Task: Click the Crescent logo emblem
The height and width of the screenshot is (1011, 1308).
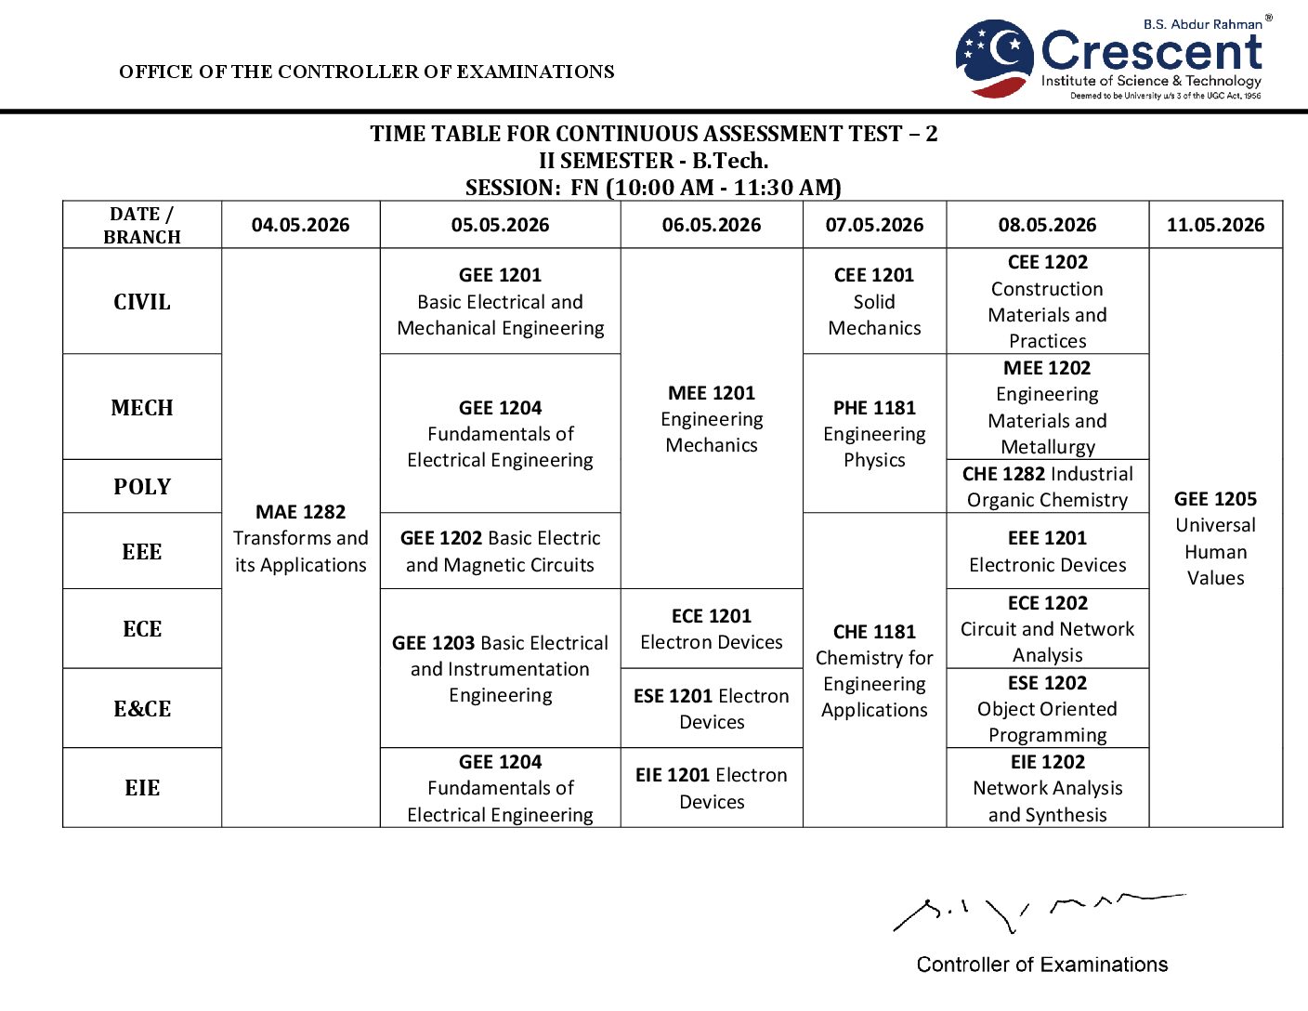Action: (x=994, y=59)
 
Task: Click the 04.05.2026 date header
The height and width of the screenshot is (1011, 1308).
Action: (x=300, y=225)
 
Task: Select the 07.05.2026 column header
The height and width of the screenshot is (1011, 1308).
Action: (x=874, y=225)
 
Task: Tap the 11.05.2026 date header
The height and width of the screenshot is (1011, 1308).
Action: (x=1215, y=225)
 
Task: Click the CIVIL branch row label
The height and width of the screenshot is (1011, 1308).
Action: (x=142, y=302)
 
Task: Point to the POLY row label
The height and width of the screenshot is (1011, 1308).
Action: (x=142, y=487)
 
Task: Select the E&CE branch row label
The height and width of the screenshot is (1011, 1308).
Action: (x=142, y=709)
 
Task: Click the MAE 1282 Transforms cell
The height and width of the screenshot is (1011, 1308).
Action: (x=300, y=538)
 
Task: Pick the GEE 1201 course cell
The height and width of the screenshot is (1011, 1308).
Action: (x=500, y=301)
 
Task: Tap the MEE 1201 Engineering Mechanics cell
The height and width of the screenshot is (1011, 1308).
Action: (x=712, y=419)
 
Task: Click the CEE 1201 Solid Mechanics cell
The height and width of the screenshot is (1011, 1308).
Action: (x=874, y=301)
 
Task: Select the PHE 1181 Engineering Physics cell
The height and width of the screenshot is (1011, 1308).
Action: (x=874, y=434)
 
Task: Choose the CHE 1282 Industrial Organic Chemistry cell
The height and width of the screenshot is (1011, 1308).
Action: (x=1047, y=487)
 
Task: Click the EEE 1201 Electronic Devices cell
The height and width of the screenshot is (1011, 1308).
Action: (x=1047, y=551)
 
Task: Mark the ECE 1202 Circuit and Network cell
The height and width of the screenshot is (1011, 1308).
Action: (x=1047, y=629)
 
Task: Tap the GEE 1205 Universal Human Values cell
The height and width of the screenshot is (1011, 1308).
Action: (x=1215, y=538)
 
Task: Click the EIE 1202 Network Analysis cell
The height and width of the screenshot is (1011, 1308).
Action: (x=1047, y=788)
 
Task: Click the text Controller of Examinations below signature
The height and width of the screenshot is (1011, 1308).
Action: (x=1041, y=965)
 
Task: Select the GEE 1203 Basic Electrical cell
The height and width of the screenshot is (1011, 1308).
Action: (x=500, y=669)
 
